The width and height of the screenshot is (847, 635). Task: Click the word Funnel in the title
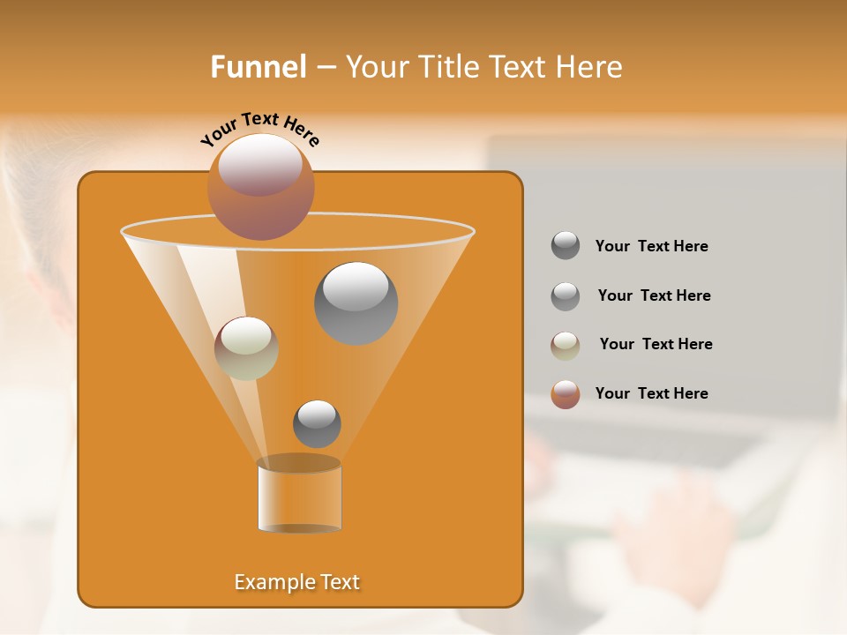pos(258,67)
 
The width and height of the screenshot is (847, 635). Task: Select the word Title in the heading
pos(446,67)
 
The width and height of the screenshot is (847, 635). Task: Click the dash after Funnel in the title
pos(325,67)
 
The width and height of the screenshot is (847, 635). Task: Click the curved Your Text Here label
pos(260,129)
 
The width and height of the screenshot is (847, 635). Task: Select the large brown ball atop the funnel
pos(260,186)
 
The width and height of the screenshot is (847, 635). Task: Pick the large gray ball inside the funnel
pos(356,303)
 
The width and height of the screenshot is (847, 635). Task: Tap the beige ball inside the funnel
pos(246,347)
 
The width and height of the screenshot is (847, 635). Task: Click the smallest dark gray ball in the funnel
pos(317,423)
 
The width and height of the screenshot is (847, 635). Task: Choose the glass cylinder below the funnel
pos(299,496)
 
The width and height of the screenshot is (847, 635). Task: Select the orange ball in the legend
pos(566,394)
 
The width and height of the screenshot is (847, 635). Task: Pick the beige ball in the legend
pos(566,345)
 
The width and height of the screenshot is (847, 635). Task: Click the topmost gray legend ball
pos(566,245)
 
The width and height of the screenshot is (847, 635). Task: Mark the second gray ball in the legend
pos(566,295)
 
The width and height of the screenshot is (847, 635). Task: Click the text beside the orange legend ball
pos(651,393)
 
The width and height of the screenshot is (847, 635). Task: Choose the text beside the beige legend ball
pos(656,344)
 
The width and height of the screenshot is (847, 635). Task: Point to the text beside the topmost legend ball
pos(651,246)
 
